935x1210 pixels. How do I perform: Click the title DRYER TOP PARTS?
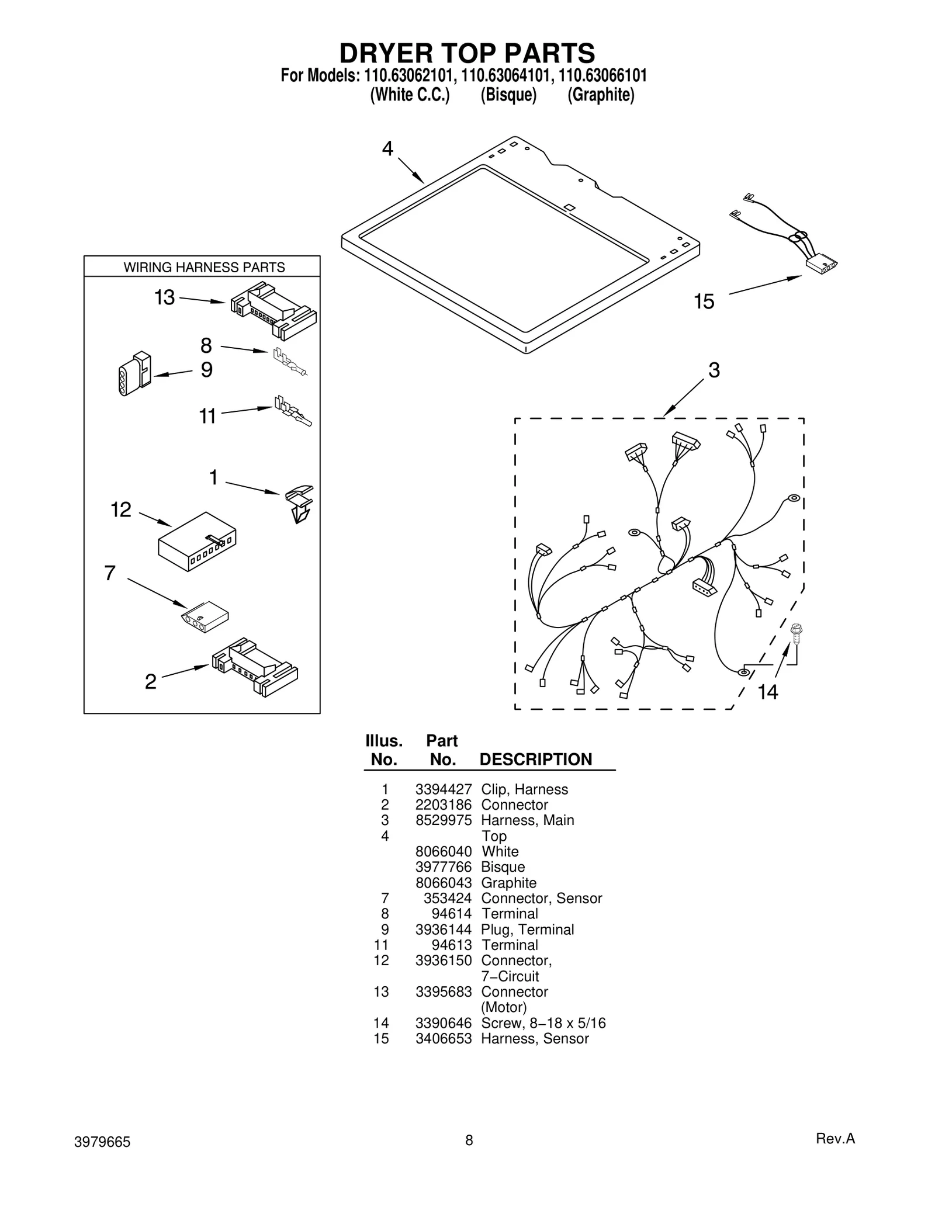click(x=467, y=53)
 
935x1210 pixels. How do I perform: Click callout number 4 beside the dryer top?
click(x=387, y=149)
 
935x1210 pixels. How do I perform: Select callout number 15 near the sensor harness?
click(x=704, y=301)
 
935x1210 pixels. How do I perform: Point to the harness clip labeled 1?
click(x=299, y=503)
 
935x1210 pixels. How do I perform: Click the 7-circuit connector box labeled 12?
click(x=197, y=542)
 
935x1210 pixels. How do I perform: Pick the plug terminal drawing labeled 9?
click(x=134, y=374)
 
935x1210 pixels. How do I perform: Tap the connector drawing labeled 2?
click(x=255, y=667)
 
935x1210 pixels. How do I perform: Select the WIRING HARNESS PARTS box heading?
click(x=204, y=268)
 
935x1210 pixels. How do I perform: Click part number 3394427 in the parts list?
click(x=443, y=789)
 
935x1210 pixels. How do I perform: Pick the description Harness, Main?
click(x=527, y=820)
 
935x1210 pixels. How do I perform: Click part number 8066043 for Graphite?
click(x=443, y=883)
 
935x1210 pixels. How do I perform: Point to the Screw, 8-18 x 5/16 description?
click(x=543, y=1023)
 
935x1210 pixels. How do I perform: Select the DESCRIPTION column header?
click(x=535, y=760)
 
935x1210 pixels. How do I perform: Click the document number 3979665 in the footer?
click(x=102, y=1142)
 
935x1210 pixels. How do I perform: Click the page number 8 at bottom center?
click(x=469, y=1140)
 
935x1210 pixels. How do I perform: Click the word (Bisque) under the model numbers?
click(x=508, y=95)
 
